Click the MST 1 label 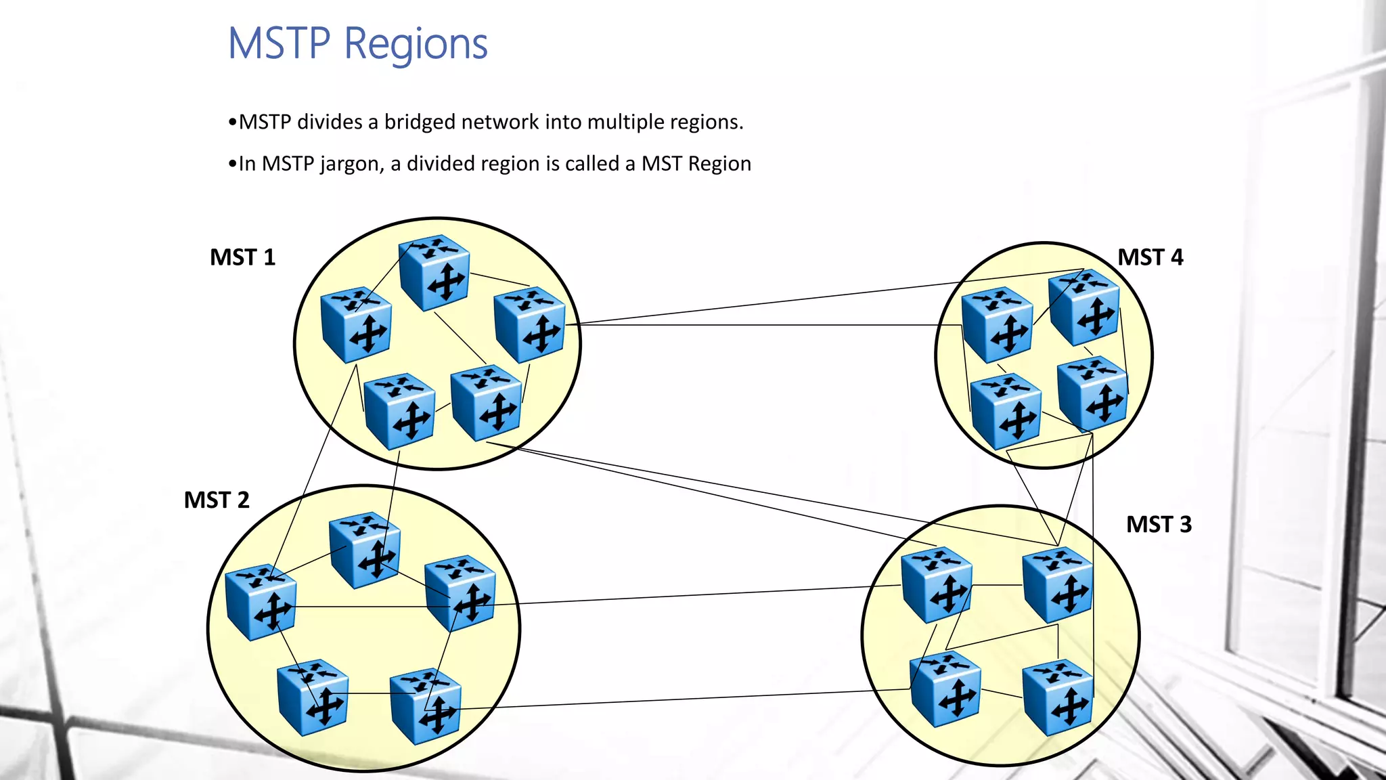242,257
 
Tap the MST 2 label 217,500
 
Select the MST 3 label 1159,525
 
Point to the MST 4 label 1150,257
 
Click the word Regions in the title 416,44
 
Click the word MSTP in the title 279,44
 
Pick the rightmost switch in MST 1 530,324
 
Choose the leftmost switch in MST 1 356,324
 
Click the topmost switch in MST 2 365,549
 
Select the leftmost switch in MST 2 261,602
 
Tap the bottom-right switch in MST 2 426,706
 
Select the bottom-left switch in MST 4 1006,412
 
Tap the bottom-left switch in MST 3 945,689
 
